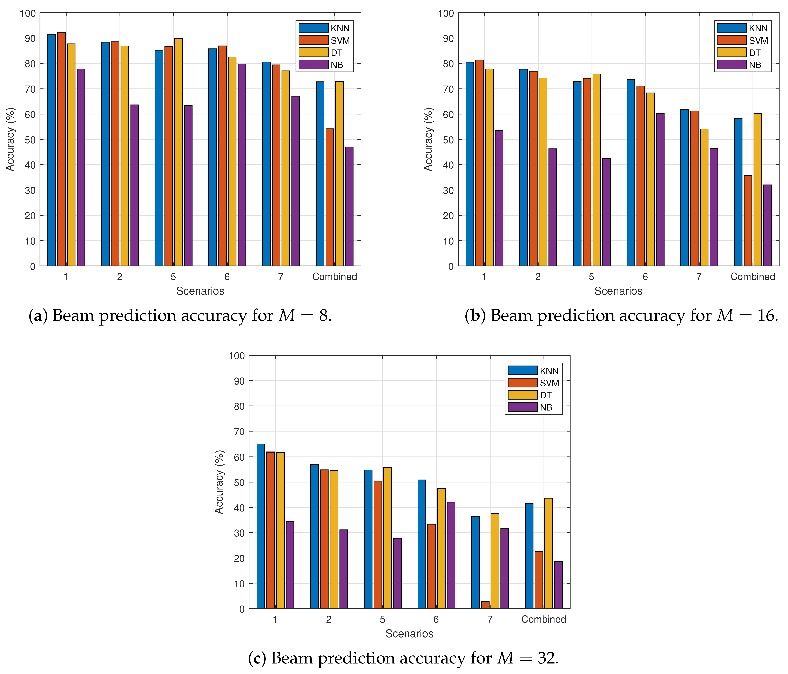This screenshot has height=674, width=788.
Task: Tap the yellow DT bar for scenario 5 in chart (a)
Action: click(178, 152)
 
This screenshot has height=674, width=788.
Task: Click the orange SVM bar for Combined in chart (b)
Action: click(748, 221)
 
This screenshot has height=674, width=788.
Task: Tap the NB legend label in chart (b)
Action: click(755, 65)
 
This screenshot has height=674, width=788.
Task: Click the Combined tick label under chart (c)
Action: click(544, 619)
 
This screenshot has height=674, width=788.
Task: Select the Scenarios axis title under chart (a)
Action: click(200, 291)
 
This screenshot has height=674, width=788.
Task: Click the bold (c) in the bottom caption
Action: click(257, 658)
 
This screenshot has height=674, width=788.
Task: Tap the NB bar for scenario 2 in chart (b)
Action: click(553, 207)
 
